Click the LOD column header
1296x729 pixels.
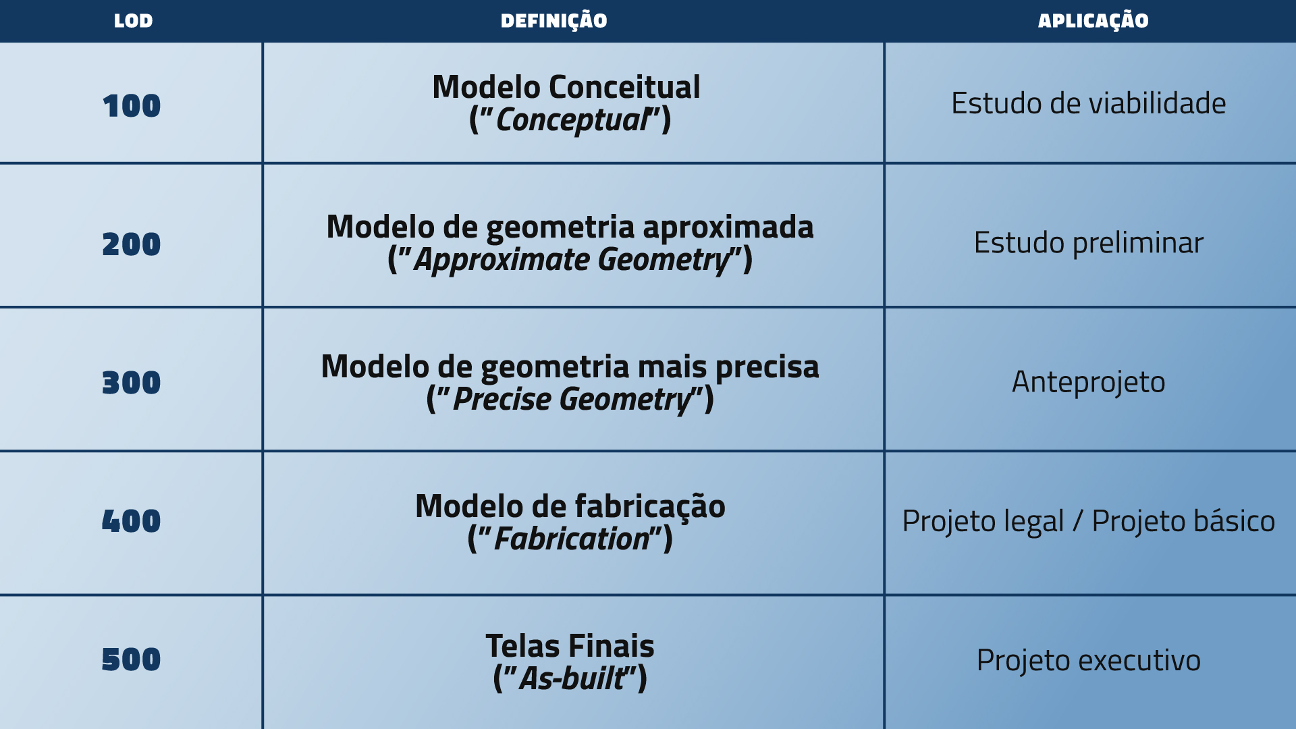pyautogui.click(x=133, y=21)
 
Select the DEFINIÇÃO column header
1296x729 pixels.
pyautogui.click(x=553, y=21)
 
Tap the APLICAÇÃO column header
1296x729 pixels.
pyautogui.click(x=1093, y=21)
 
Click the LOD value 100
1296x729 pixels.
pyautogui.click(x=132, y=106)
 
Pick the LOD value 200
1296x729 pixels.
pyautogui.click(x=132, y=244)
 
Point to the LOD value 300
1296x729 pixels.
pyautogui.click(x=132, y=383)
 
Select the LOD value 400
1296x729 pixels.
pyautogui.click(x=132, y=521)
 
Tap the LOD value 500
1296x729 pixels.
pyautogui.click(x=132, y=659)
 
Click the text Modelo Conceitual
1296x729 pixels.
pyautogui.click(x=566, y=87)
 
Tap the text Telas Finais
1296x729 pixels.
pyautogui.click(x=570, y=646)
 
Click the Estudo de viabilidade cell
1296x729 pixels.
pyautogui.click(x=1089, y=103)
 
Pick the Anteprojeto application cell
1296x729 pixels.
pyautogui.click(x=1089, y=383)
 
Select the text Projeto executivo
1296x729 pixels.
pyautogui.click(x=1089, y=661)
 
